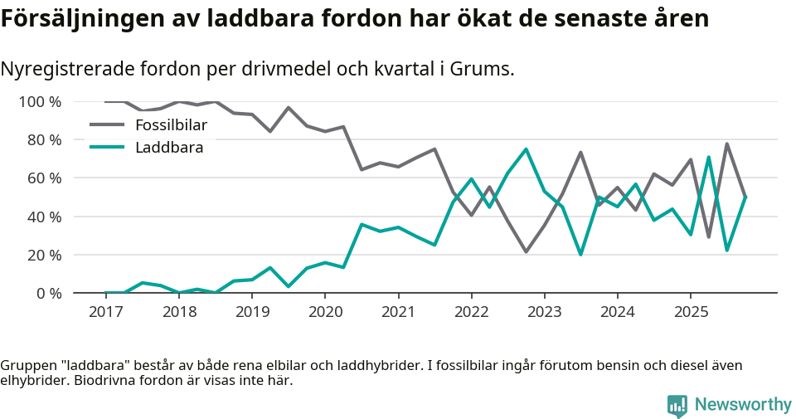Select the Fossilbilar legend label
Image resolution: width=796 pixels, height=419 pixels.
tap(171, 125)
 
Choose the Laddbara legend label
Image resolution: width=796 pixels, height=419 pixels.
tap(169, 148)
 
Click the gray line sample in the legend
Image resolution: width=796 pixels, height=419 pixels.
tap(106, 125)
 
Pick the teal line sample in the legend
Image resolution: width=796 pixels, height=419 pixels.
tap(106, 148)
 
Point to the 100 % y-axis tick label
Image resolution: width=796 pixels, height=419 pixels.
tap(40, 102)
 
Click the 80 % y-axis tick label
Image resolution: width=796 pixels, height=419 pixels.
tap(43, 140)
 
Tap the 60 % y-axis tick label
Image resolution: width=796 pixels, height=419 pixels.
tap(43, 178)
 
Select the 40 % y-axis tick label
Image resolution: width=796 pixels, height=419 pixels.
tap(43, 217)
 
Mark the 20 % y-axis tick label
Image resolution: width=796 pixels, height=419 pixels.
tap(43, 255)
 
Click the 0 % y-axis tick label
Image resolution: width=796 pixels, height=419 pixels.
tap(46, 293)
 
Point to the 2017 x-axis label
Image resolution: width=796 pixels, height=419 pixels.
tap(105, 312)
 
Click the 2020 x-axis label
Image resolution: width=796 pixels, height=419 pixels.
tap(325, 312)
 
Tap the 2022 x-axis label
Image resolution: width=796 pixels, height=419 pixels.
tap(471, 312)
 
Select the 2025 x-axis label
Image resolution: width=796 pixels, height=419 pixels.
tap(691, 312)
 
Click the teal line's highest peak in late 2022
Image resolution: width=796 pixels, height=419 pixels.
tap(526, 149)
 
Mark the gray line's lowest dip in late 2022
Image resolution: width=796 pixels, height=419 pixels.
tap(526, 251)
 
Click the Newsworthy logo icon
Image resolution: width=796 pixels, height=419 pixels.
tap(677, 405)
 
